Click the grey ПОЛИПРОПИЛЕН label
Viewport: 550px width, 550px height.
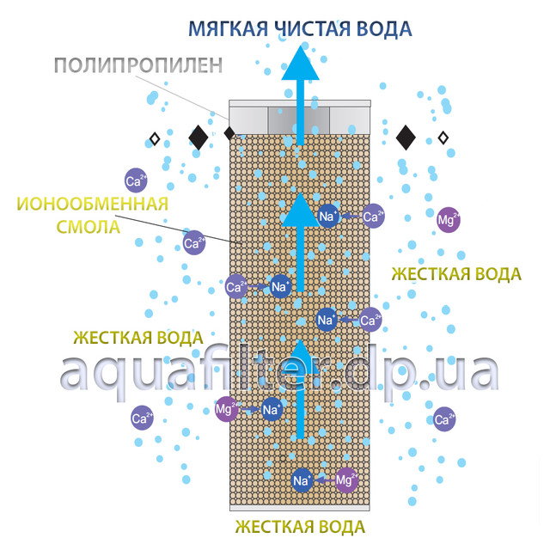(138, 65)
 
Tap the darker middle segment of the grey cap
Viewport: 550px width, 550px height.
(299, 119)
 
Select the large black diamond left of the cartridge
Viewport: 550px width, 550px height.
(199, 136)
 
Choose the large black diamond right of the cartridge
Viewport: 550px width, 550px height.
(406, 136)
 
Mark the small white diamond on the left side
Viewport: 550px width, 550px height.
(155, 137)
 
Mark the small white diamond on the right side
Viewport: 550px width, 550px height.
(443, 137)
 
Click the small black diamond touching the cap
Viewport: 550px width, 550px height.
(229, 133)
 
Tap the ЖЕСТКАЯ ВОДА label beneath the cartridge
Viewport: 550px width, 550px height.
(301, 526)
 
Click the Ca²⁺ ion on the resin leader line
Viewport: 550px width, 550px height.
(193, 243)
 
